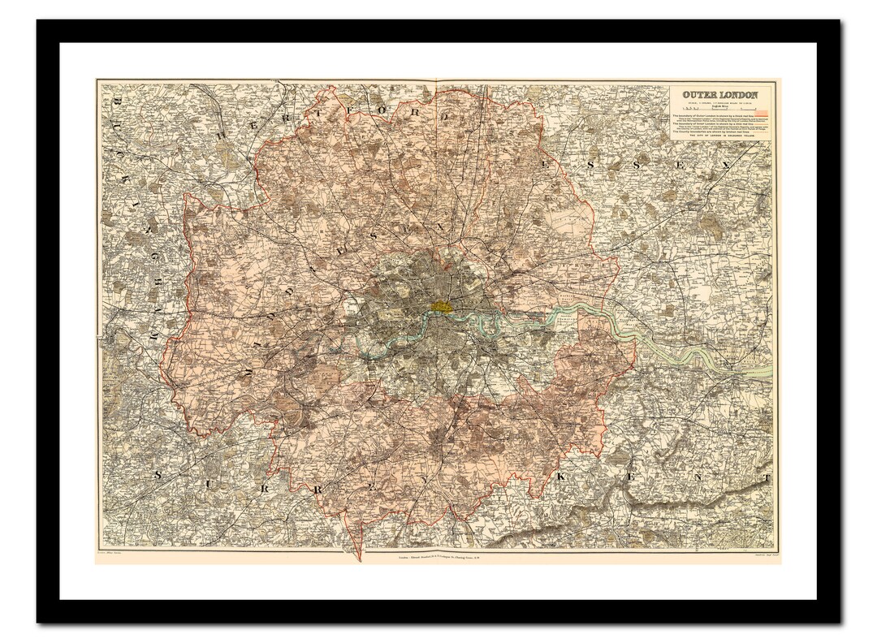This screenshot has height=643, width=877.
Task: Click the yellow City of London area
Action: click(441, 307)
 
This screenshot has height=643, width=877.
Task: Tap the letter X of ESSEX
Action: click(726, 165)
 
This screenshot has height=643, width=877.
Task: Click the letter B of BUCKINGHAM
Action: click(116, 104)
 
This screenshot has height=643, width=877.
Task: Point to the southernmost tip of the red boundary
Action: click(357, 559)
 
